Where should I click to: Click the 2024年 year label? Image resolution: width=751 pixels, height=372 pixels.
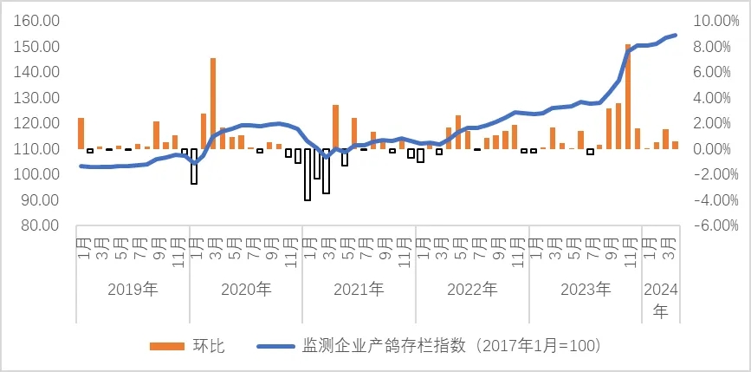tap(661, 299)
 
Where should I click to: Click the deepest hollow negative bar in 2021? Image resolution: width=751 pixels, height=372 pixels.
tap(308, 174)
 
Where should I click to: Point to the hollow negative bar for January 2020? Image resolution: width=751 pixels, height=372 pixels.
tap(194, 166)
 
